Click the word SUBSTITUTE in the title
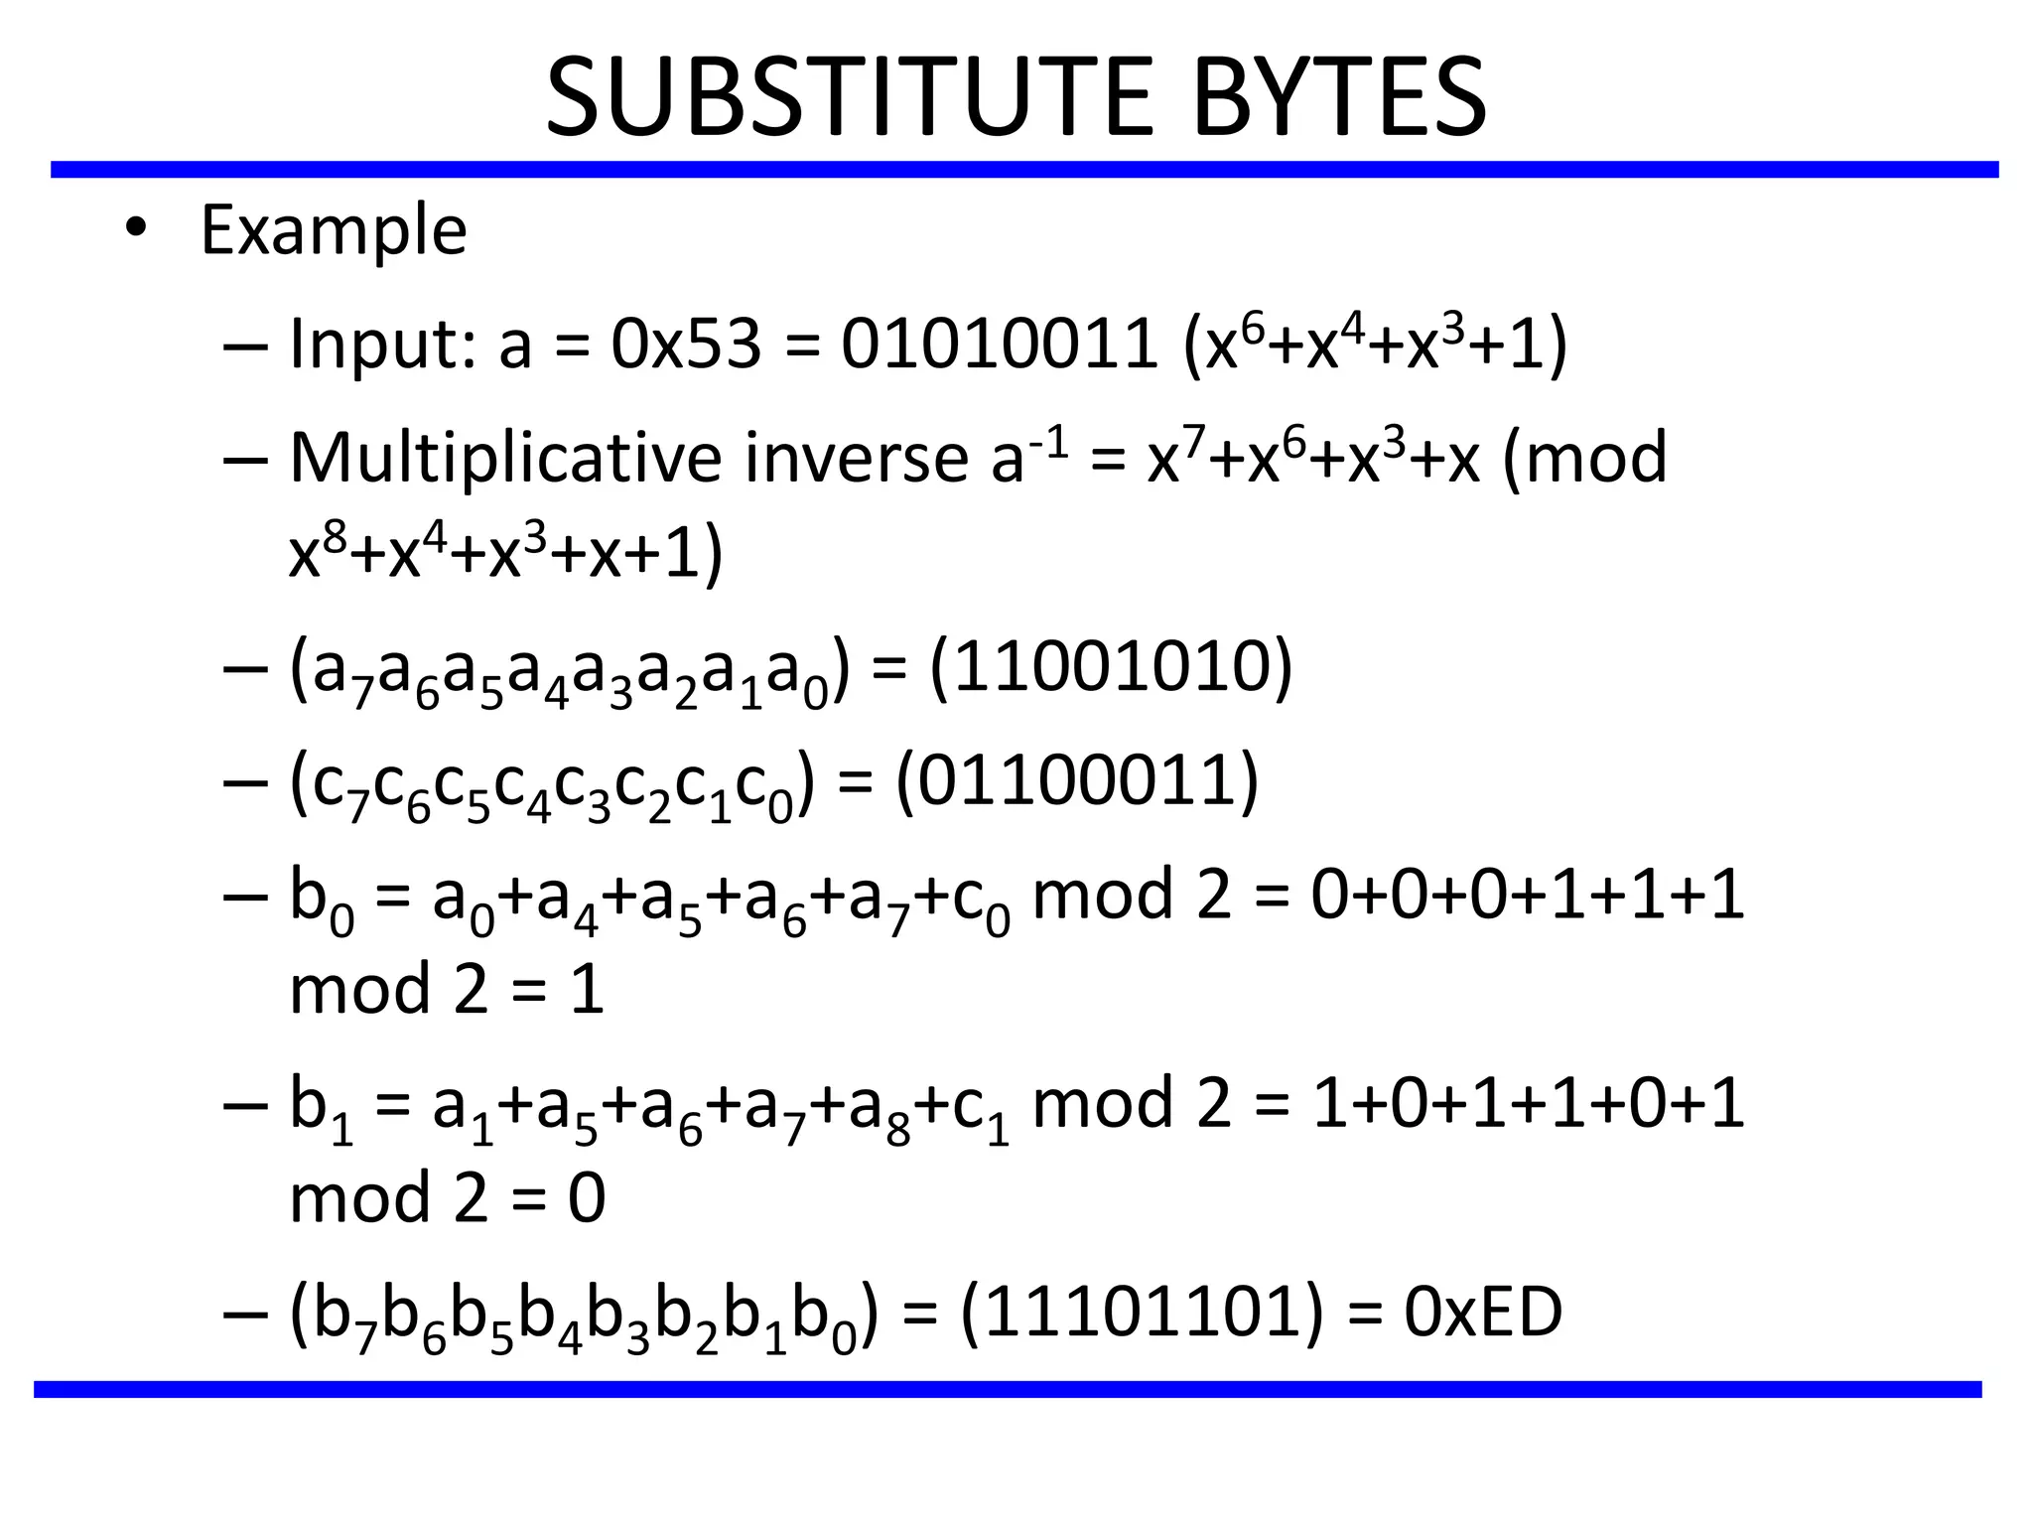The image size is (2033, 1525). (849, 97)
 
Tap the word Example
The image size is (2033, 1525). (334, 230)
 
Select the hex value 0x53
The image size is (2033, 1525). (686, 345)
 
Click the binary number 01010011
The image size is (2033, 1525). (999, 345)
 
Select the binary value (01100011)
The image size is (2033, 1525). (1077, 781)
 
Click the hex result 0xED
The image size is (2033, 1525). (1483, 1312)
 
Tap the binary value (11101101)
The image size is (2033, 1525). (1143, 1312)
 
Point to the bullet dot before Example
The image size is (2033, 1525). (136, 230)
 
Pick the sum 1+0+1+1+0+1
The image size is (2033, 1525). (1527, 1104)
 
